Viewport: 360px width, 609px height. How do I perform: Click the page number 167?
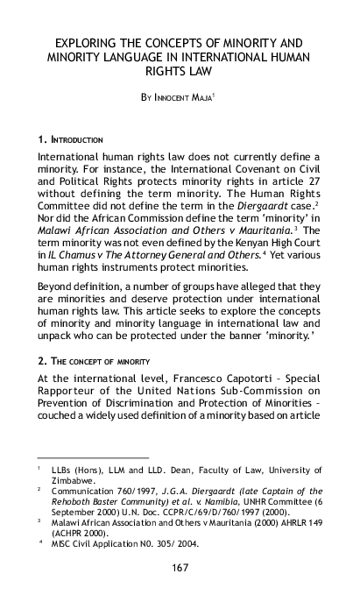(x=180, y=592)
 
